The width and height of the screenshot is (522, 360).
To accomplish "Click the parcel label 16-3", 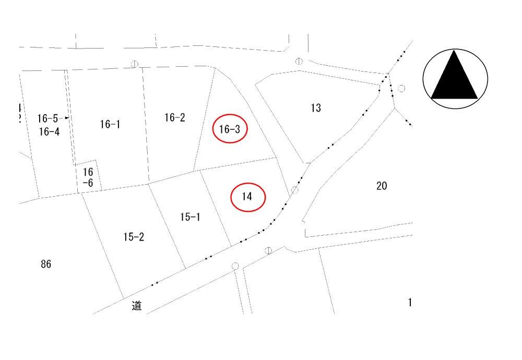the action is pyautogui.click(x=230, y=129).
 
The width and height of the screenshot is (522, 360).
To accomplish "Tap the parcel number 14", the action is pyautogui.click(x=247, y=196).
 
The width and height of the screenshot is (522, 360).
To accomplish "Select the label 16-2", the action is pyautogui.click(x=175, y=117).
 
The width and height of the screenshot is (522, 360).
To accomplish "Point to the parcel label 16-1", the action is pyautogui.click(x=110, y=124).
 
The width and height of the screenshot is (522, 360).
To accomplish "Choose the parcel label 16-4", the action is pyautogui.click(x=49, y=131).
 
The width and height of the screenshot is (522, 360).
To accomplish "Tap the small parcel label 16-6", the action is pyautogui.click(x=88, y=177).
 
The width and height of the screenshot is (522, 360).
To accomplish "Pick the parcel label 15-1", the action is pyautogui.click(x=191, y=217).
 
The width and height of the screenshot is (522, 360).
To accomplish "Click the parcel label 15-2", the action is pyautogui.click(x=134, y=237).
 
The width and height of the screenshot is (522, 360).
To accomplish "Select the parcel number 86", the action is pyautogui.click(x=46, y=264).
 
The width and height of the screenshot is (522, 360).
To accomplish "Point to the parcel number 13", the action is pyautogui.click(x=316, y=108).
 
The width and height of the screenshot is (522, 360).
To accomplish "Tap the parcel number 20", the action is pyautogui.click(x=382, y=186).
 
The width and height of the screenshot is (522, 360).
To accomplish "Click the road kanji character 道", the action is pyautogui.click(x=137, y=305).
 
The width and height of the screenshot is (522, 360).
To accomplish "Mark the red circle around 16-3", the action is pyautogui.click(x=230, y=115).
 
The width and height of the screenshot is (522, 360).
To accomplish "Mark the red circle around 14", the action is pyautogui.click(x=248, y=183).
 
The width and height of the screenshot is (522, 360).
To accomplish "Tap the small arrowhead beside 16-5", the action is pyautogui.click(x=67, y=117).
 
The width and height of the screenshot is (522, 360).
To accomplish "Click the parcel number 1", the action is pyautogui.click(x=410, y=302).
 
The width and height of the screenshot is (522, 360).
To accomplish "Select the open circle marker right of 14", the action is pyautogui.click(x=294, y=190).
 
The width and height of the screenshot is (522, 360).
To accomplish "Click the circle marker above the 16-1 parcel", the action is pyautogui.click(x=135, y=64).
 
